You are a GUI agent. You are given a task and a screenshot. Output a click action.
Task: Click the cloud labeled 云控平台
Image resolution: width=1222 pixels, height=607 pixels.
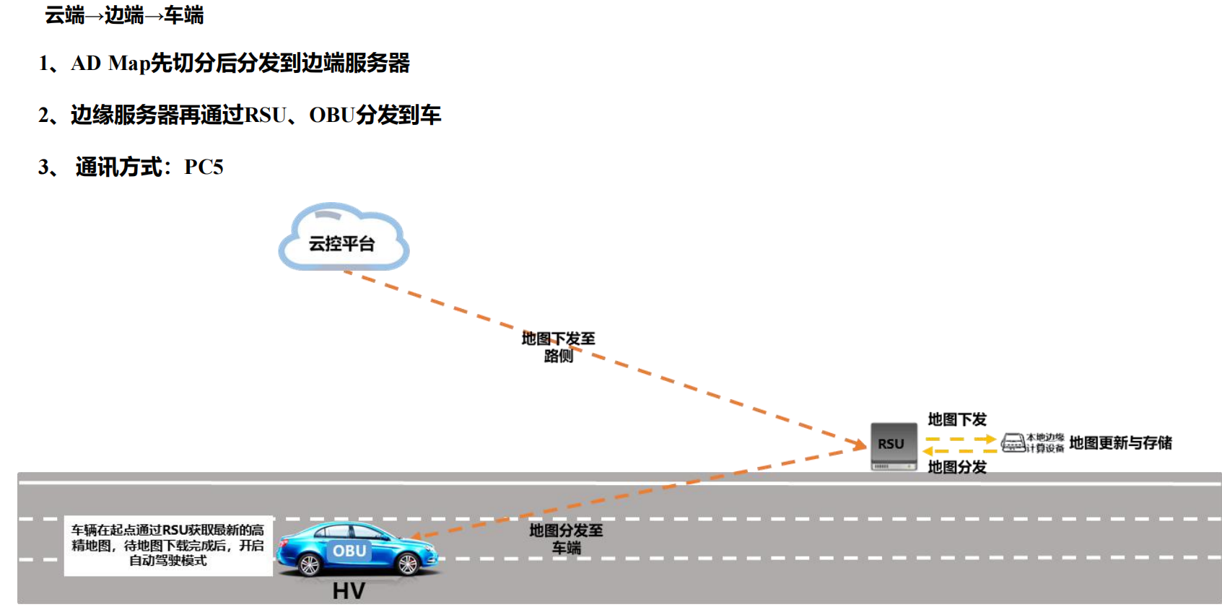[x=343, y=239]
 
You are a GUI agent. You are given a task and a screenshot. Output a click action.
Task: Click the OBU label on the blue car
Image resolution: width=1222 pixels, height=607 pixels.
[x=349, y=551]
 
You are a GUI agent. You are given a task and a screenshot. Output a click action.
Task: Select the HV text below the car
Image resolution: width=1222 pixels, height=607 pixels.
[x=349, y=591]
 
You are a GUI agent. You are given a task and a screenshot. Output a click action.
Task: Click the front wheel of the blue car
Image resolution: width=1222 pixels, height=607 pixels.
[x=407, y=564]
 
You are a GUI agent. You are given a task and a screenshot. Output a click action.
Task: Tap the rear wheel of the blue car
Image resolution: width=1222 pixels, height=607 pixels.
[x=310, y=564]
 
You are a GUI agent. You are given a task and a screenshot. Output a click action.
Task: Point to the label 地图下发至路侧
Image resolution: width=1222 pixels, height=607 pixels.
[x=558, y=347]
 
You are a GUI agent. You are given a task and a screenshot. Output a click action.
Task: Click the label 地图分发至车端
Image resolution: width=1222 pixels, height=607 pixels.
[x=566, y=539]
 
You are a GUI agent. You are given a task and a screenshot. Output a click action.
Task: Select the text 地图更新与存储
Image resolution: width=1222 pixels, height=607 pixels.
[x=1120, y=443]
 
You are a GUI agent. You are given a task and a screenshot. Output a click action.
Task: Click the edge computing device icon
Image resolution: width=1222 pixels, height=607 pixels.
[x=1013, y=442]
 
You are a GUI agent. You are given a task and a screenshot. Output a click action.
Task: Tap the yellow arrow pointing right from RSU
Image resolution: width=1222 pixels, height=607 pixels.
[x=961, y=439]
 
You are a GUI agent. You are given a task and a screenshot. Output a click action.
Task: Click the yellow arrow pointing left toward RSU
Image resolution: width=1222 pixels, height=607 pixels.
[x=959, y=451]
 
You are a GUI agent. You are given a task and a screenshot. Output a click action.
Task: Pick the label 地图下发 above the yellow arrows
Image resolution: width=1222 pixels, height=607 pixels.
[x=957, y=419]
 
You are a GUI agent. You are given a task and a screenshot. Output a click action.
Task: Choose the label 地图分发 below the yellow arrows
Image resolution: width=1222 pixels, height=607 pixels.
[x=957, y=467]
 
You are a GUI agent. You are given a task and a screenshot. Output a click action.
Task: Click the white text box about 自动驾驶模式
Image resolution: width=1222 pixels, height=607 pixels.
[x=168, y=546]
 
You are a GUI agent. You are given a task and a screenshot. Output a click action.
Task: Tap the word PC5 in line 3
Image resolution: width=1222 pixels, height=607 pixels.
[x=204, y=167]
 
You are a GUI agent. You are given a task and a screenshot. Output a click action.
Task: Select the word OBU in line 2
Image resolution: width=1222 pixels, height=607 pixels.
[x=332, y=115]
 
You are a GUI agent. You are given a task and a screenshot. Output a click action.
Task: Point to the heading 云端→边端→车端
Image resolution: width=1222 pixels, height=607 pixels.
[x=124, y=15]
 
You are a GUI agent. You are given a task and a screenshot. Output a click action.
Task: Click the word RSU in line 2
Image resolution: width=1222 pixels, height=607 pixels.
[x=266, y=115]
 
